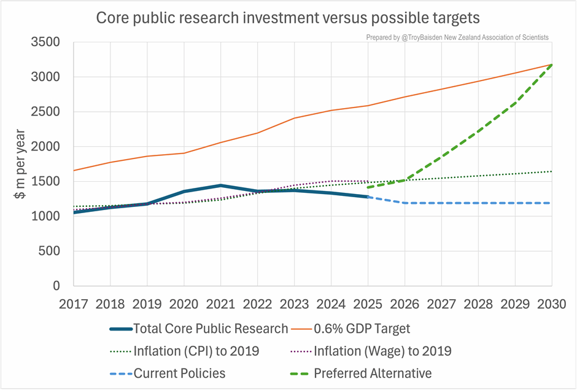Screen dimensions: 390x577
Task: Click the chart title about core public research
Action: (x=288, y=18)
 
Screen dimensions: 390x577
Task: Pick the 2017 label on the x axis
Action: (x=74, y=303)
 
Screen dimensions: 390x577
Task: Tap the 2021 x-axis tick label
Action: (x=221, y=303)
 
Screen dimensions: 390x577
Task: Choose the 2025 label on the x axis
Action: (x=368, y=303)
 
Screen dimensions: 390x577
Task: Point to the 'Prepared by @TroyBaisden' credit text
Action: (x=457, y=37)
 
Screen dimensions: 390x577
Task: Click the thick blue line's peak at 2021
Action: (x=221, y=185)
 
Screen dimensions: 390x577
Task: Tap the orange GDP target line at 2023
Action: (x=295, y=118)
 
